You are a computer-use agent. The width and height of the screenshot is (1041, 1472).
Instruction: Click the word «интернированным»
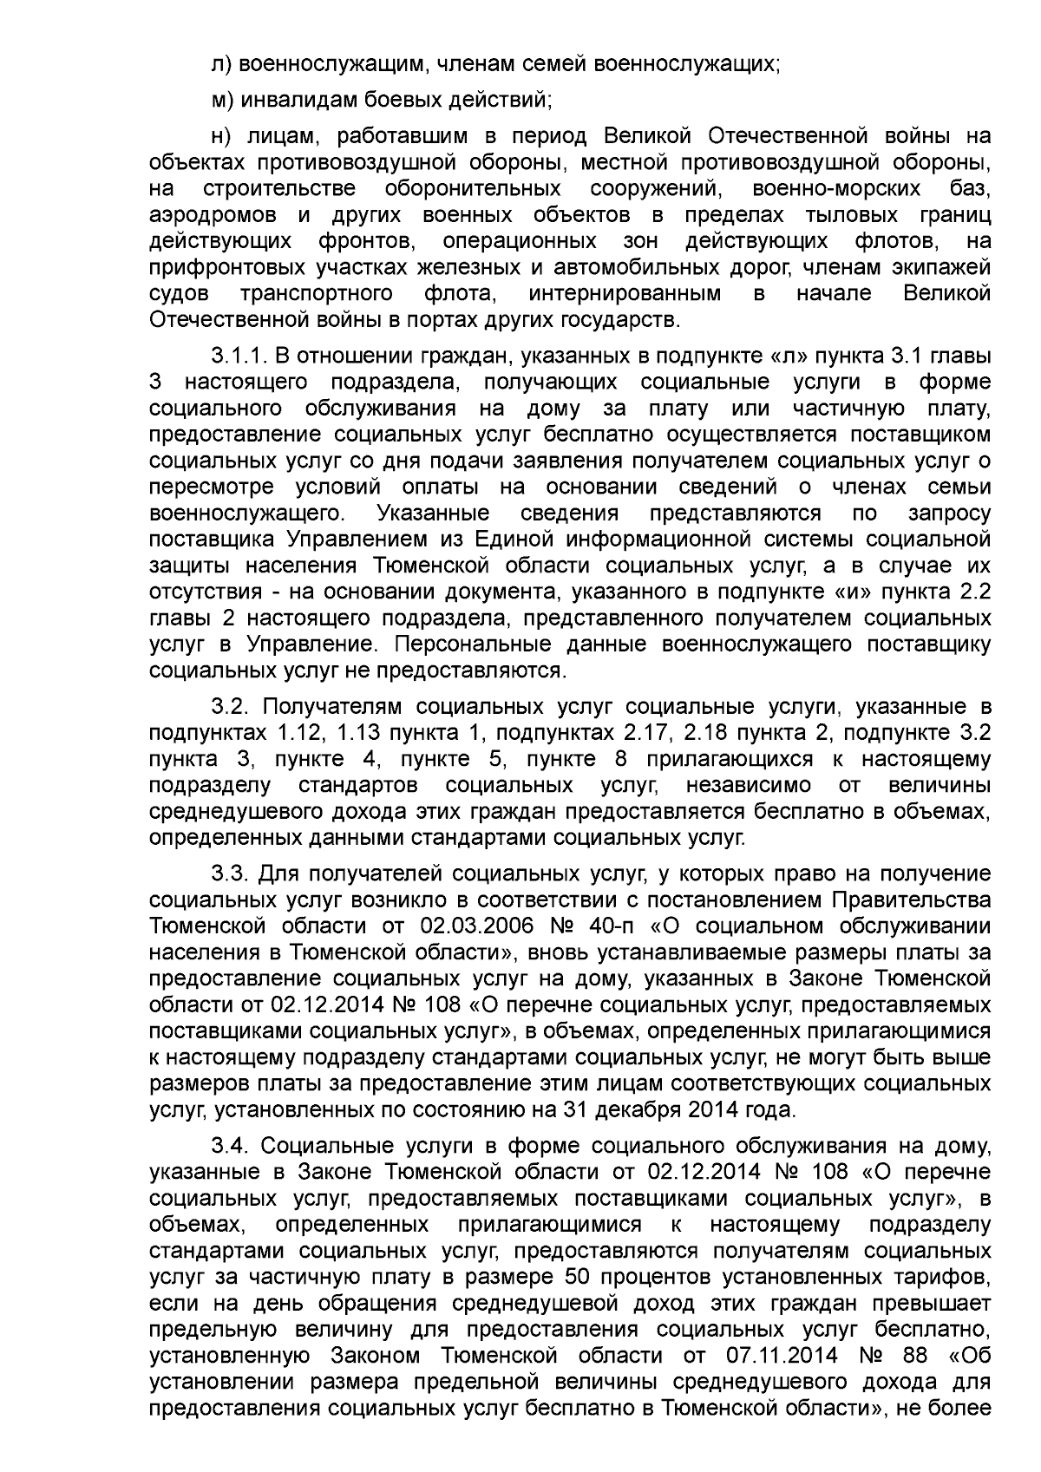point(625,293)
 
